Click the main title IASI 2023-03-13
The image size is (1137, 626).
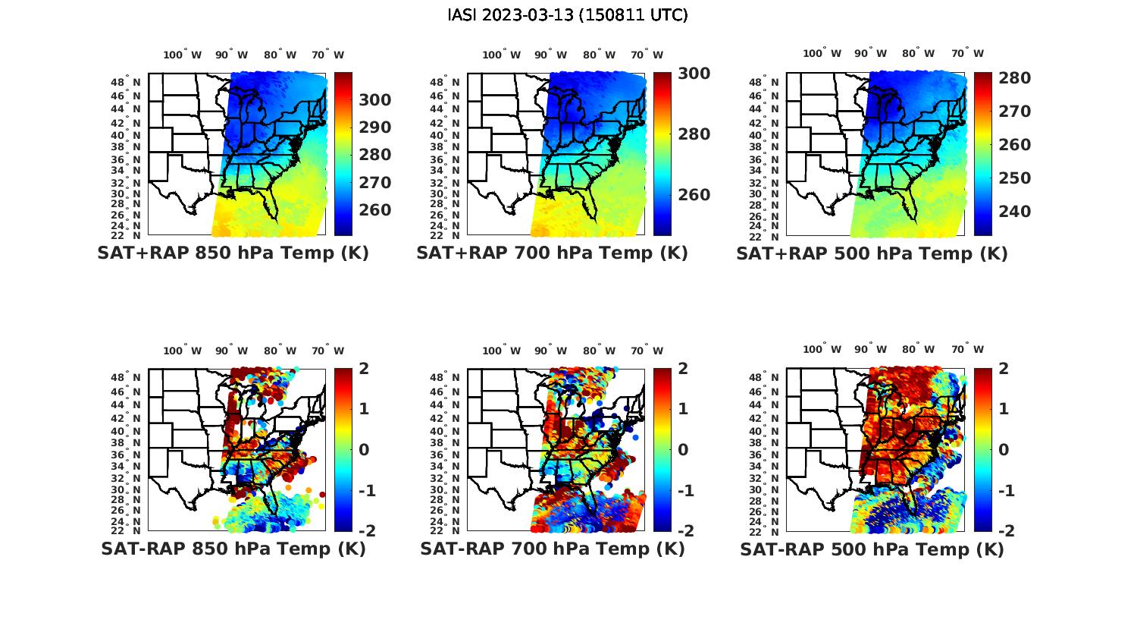click(x=568, y=15)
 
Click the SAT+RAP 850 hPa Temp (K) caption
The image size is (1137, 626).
click(x=233, y=253)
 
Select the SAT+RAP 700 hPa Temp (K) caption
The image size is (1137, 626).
click(x=552, y=253)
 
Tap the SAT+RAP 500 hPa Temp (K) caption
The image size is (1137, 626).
click(x=872, y=254)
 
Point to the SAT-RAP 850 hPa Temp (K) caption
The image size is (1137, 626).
click(x=233, y=549)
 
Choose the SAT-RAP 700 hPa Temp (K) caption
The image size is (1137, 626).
click(x=553, y=549)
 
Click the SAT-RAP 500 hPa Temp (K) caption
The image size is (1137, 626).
click(x=872, y=549)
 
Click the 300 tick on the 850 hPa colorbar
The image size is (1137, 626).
click(x=375, y=100)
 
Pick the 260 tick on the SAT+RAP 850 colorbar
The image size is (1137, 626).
click(x=375, y=210)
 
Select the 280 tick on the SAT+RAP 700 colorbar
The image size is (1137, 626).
click(x=694, y=134)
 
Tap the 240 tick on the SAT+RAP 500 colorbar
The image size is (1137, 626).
click(x=1014, y=212)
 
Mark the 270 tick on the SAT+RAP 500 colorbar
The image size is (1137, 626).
click(x=1014, y=112)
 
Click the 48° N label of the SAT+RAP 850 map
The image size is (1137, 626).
click(x=126, y=82)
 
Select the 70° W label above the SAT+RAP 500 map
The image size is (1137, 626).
click(x=968, y=54)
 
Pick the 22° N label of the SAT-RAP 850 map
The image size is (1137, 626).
click(x=126, y=530)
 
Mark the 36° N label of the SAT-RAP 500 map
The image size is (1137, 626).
click(x=765, y=455)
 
